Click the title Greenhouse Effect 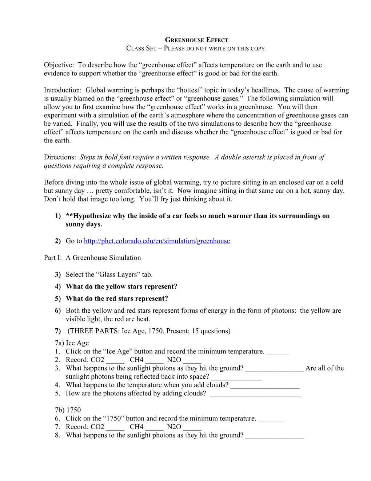click(x=196, y=40)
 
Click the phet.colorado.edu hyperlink click(x=157, y=241)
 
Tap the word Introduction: click(x=63, y=90)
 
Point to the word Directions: click(x=60, y=157)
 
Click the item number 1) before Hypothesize click(x=58, y=216)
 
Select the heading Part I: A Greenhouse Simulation click(x=92, y=258)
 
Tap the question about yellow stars click(x=121, y=286)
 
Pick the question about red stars click(x=117, y=298)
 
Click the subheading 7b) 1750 click(x=68, y=410)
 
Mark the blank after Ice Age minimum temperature click(x=277, y=352)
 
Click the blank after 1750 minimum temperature click(x=271, y=419)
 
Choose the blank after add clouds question click(x=265, y=386)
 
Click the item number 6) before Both click(x=58, y=310)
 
